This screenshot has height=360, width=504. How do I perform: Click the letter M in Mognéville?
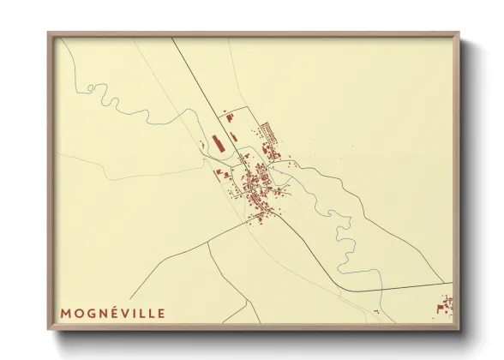(65, 314)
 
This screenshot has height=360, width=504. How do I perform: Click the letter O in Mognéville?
(78, 314)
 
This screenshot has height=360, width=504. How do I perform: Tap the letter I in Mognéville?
(135, 314)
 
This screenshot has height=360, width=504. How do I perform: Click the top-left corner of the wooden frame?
(49, 33)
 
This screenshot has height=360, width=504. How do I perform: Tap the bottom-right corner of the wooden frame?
(459, 329)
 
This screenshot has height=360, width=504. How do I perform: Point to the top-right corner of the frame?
(459, 33)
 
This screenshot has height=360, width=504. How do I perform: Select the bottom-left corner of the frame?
(49, 329)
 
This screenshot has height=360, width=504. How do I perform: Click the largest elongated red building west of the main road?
(216, 141)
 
